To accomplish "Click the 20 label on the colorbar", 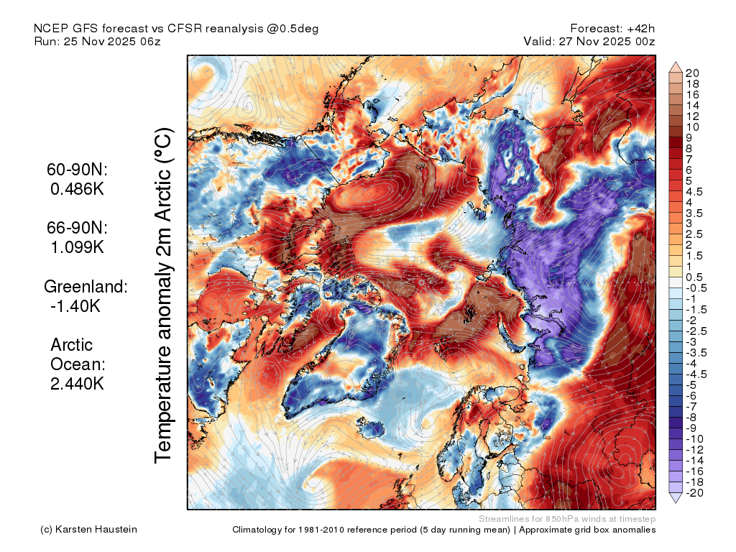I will (692, 73).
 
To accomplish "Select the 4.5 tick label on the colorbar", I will (694, 191).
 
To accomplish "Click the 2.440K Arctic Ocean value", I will (78, 384).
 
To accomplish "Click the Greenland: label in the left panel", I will (86, 287).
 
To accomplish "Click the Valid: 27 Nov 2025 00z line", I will (590, 42).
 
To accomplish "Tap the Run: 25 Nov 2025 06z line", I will (97, 42).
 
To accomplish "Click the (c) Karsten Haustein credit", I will (89, 530).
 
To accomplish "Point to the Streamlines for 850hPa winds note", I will (566, 519).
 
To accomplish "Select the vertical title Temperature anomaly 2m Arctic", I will (164, 295).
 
